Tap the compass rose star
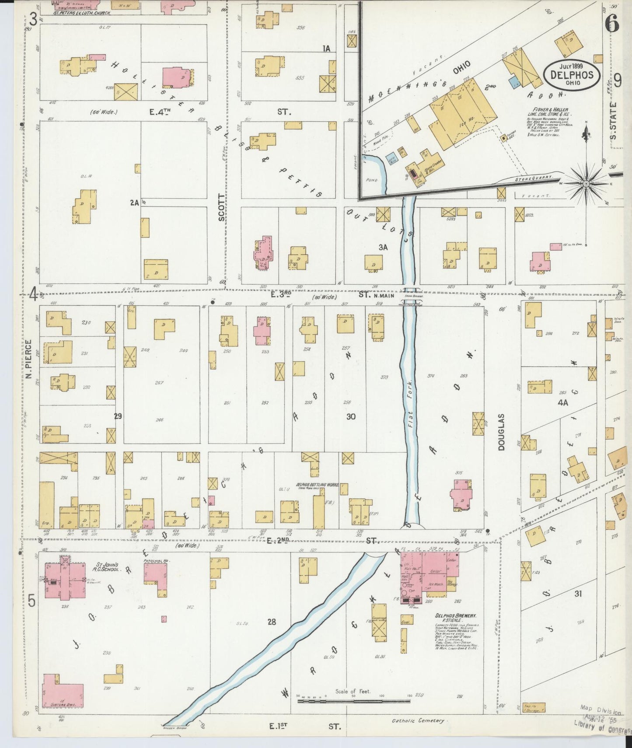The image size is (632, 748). [586, 183]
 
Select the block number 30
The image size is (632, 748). [351, 417]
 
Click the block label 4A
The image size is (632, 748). [562, 402]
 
